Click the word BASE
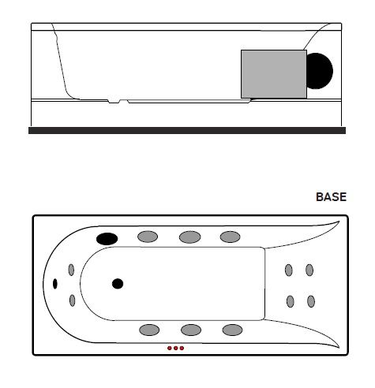(331, 197)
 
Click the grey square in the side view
(274, 74)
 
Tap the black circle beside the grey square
(320, 71)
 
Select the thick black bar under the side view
(187, 130)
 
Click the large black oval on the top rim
(107, 239)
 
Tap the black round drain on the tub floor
(118, 284)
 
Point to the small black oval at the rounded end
(55, 284)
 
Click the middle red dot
(176, 349)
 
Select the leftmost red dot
(170, 349)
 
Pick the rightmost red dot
(182, 349)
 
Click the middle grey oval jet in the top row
(189, 237)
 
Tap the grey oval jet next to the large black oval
(148, 237)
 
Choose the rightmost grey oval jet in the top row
(230, 237)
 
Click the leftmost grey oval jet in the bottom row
(149, 330)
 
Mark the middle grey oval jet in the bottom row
(191, 330)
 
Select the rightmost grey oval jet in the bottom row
(232, 330)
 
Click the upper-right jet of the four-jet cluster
(309, 270)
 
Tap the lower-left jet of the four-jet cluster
(291, 301)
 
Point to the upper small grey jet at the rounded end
(71, 270)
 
